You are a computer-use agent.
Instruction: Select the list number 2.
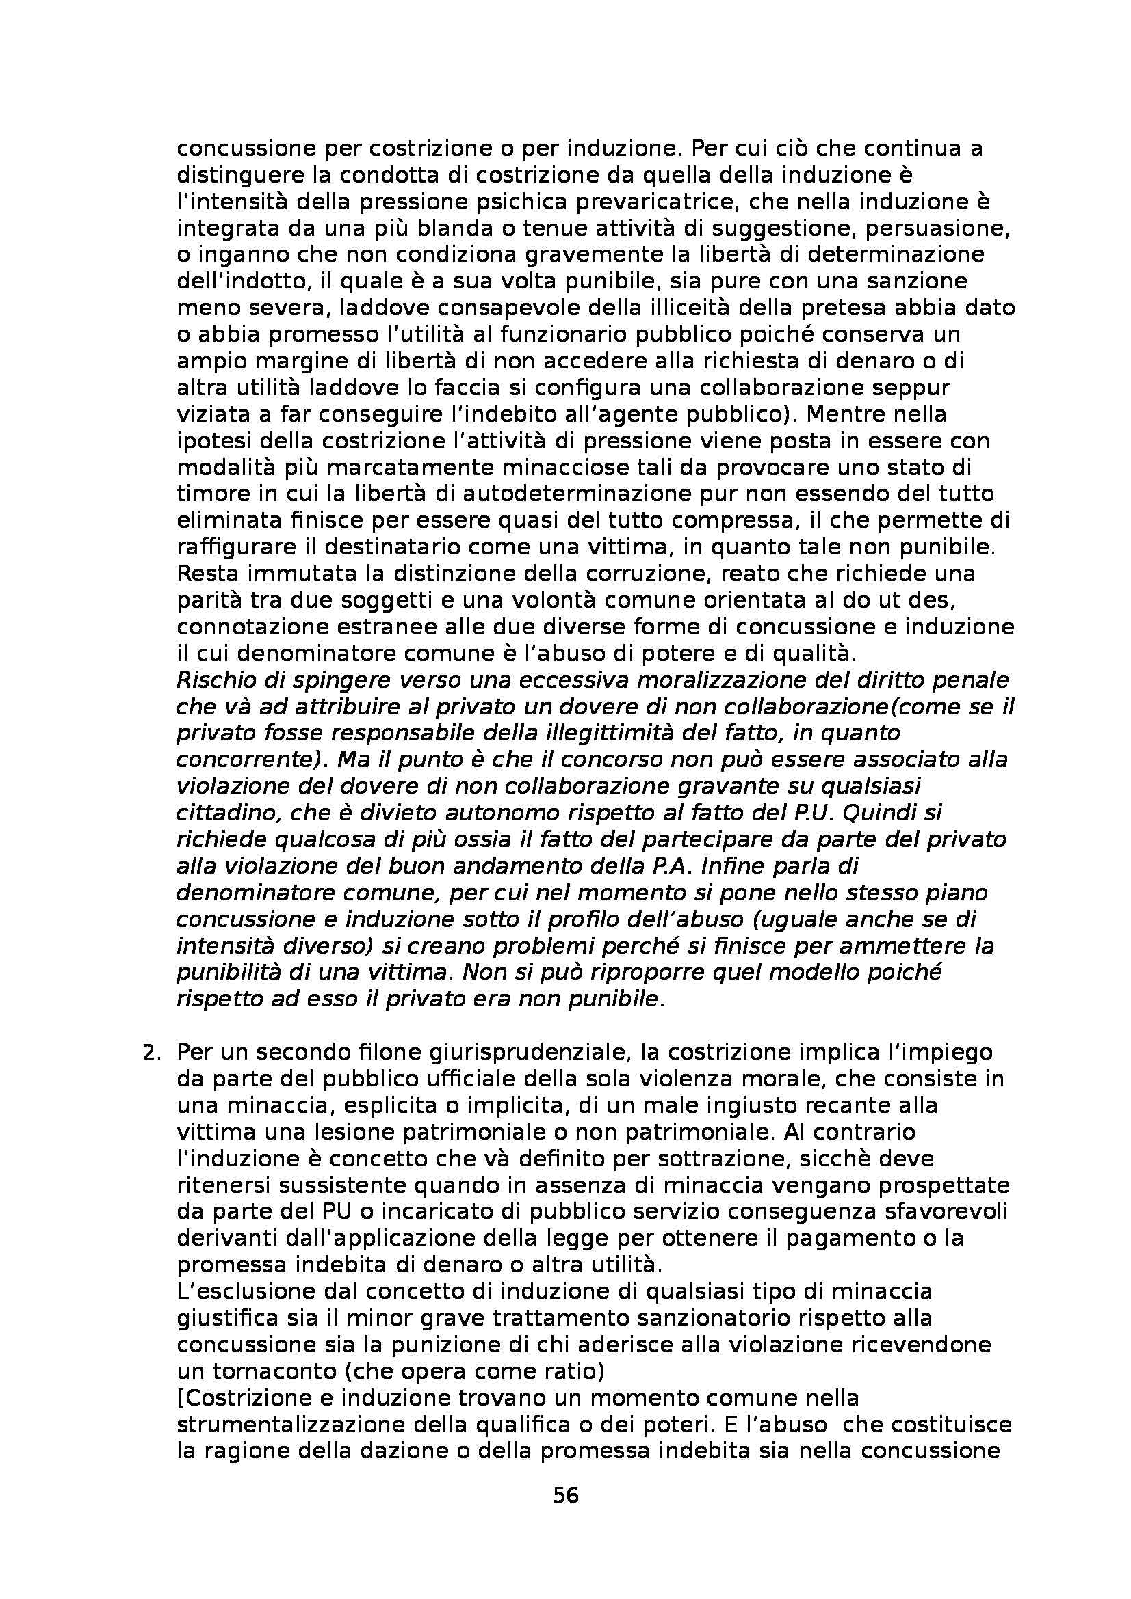pos(151,1052)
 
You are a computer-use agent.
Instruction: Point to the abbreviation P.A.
pos(688,865)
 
